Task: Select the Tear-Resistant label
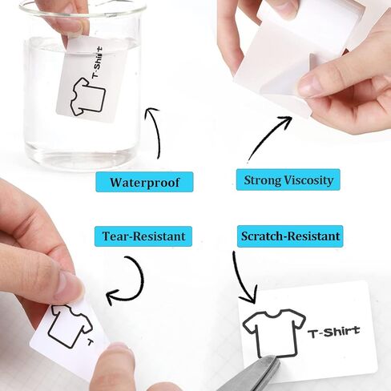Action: (143, 236)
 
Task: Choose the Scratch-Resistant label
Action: (289, 236)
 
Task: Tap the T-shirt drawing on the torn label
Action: (66, 324)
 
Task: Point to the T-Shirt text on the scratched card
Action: (333, 330)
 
